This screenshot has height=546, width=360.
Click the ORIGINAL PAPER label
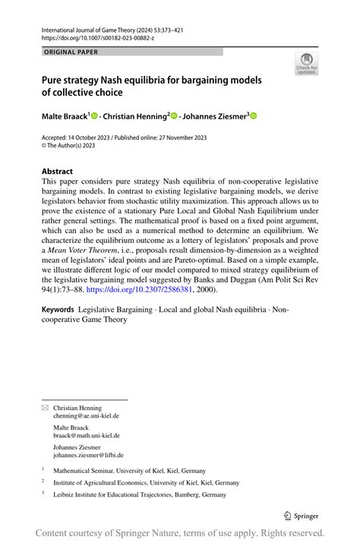coord(71,52)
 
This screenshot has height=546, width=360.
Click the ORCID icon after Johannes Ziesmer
coord(254,115)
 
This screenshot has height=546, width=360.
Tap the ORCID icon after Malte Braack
coord(95,115)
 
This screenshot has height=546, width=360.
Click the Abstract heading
coord(57,172)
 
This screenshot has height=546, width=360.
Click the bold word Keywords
coord(58,309)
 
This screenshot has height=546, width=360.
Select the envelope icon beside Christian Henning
coord(44,408)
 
